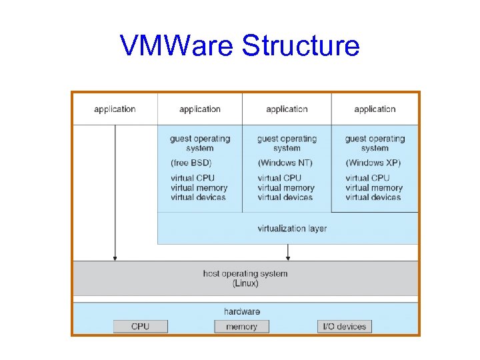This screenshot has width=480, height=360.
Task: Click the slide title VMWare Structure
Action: pyautogui.click(x=240, y=46)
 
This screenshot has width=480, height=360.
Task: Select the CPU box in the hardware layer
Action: pyautogui.click(x=141, y=326)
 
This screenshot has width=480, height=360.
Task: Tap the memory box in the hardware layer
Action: pyautogui.click(x=241, y=326)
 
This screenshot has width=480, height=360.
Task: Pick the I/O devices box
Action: pyautogui.click(x=344, y=326)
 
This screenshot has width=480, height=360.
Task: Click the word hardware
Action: pyautogui.click(x=242, y=311)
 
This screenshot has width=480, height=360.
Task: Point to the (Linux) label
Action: pyautogui.click(x=245, y=283)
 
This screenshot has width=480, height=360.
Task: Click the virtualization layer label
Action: pyautogui.click(x=292, y=229)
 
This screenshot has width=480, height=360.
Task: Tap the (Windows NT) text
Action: pyautogui.click(x=285, y=163)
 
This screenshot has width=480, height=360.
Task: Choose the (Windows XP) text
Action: pyautogui.click(x=373, y=163)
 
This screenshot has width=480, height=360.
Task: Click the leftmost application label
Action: pyautogui.click(x=115, y=109)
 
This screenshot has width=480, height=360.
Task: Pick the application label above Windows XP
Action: pyautogui.click(x=375, y=109)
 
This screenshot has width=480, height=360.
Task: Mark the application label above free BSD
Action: pyautogui.click(x=200, y=109)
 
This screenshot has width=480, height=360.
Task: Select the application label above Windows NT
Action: pyautogui.click(x=287, y=109)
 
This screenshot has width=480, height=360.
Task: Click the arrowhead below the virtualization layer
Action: pyautogui.click(x=288, y=257)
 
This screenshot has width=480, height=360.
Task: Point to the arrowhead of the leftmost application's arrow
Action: pyautogui.click(x=115, y=257)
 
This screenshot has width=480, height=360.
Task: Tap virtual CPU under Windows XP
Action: pyautogui.click(x=367, y=178)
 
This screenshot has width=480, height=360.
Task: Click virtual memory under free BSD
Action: pyautogui.click(x=199, y=188)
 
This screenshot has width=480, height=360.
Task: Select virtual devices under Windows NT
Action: pyautogui.click(x=285, y=197)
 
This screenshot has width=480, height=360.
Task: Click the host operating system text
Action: pyautogui.click(x=245, y=273)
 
